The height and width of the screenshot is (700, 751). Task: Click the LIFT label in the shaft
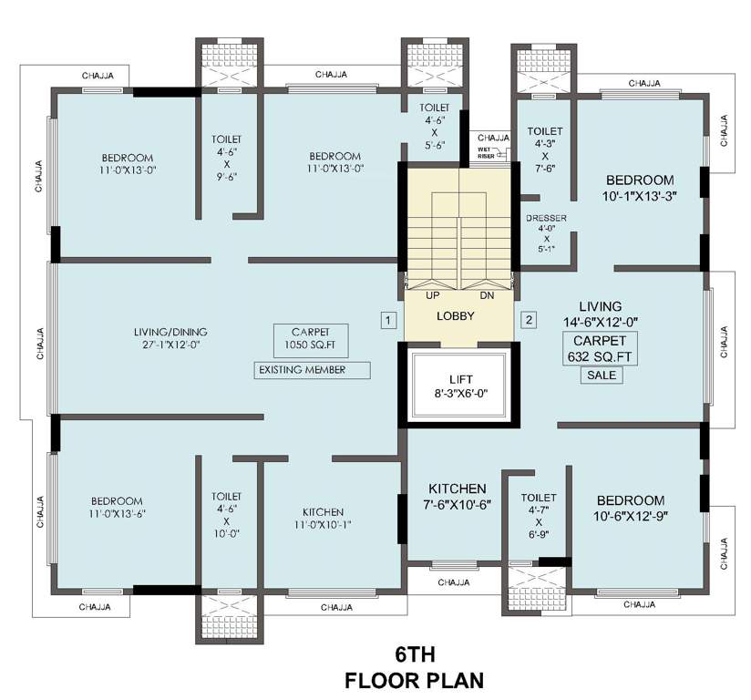click(x=459, y=386)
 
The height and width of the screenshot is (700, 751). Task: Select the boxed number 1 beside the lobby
click(x=388, y=320)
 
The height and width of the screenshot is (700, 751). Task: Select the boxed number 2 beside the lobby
click(x=528, y=320)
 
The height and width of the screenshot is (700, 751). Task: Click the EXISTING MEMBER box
click(x=313, y=370)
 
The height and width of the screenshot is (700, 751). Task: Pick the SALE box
click(x=602, y=375)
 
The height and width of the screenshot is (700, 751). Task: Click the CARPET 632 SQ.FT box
click(x=599, y=348)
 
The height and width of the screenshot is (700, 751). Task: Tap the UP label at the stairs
click(x=432, y=295)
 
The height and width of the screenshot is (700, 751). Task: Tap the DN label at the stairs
click(x=487, y=295)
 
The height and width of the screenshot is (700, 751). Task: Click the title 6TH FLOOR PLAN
click(x=413, y=667)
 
